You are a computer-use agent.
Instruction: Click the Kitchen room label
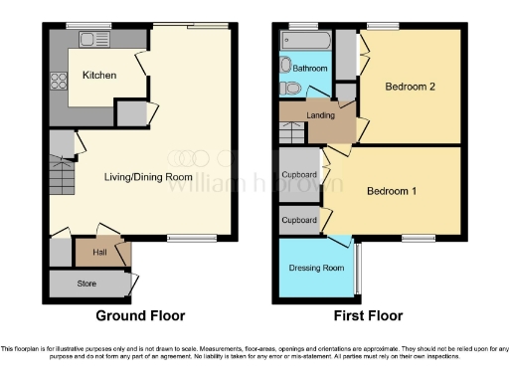click(98, 76)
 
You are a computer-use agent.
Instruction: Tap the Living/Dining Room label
click(148, 177)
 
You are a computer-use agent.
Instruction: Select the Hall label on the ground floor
click(99, 253)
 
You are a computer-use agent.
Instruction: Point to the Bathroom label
click(309, 69)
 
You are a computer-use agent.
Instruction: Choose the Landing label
click(320, 114)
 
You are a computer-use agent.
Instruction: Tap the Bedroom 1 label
click(391, 191)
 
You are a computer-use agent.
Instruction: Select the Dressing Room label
click(316, 269)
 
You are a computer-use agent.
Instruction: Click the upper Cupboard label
click(299, 174)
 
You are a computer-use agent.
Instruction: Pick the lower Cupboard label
click(299, 220)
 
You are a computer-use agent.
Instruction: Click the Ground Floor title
click(140, 316)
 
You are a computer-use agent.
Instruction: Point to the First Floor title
click(367, 316)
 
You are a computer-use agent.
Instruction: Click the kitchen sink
click(93, 40)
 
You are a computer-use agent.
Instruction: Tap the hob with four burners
click(59, 83)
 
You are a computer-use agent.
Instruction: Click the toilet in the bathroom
click(289, 89)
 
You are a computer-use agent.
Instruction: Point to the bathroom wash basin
click(286, 65)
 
